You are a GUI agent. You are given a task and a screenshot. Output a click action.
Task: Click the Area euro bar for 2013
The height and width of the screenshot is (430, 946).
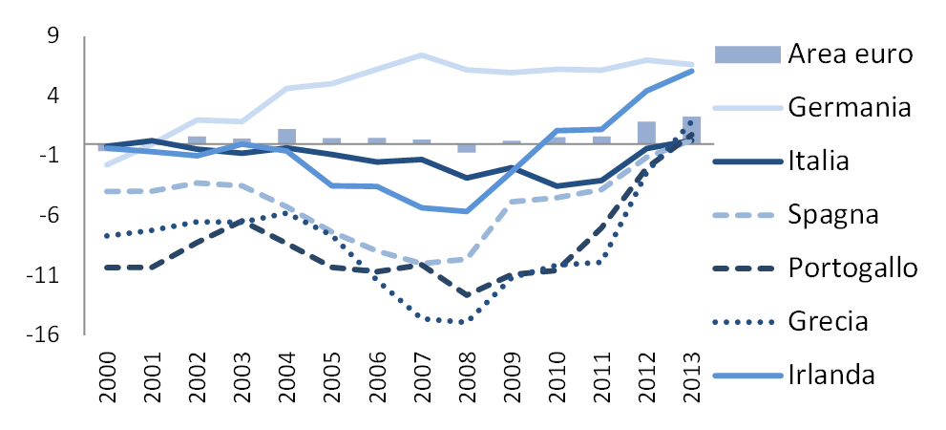(x=691, y=131)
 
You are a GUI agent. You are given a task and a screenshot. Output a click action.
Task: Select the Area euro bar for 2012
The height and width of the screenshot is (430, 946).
(x=646, y=134)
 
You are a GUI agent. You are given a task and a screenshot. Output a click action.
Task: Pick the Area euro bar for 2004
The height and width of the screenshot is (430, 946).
(x=287, y=137)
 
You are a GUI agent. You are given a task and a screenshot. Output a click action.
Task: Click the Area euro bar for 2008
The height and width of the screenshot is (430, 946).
(x=467, y=148)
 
